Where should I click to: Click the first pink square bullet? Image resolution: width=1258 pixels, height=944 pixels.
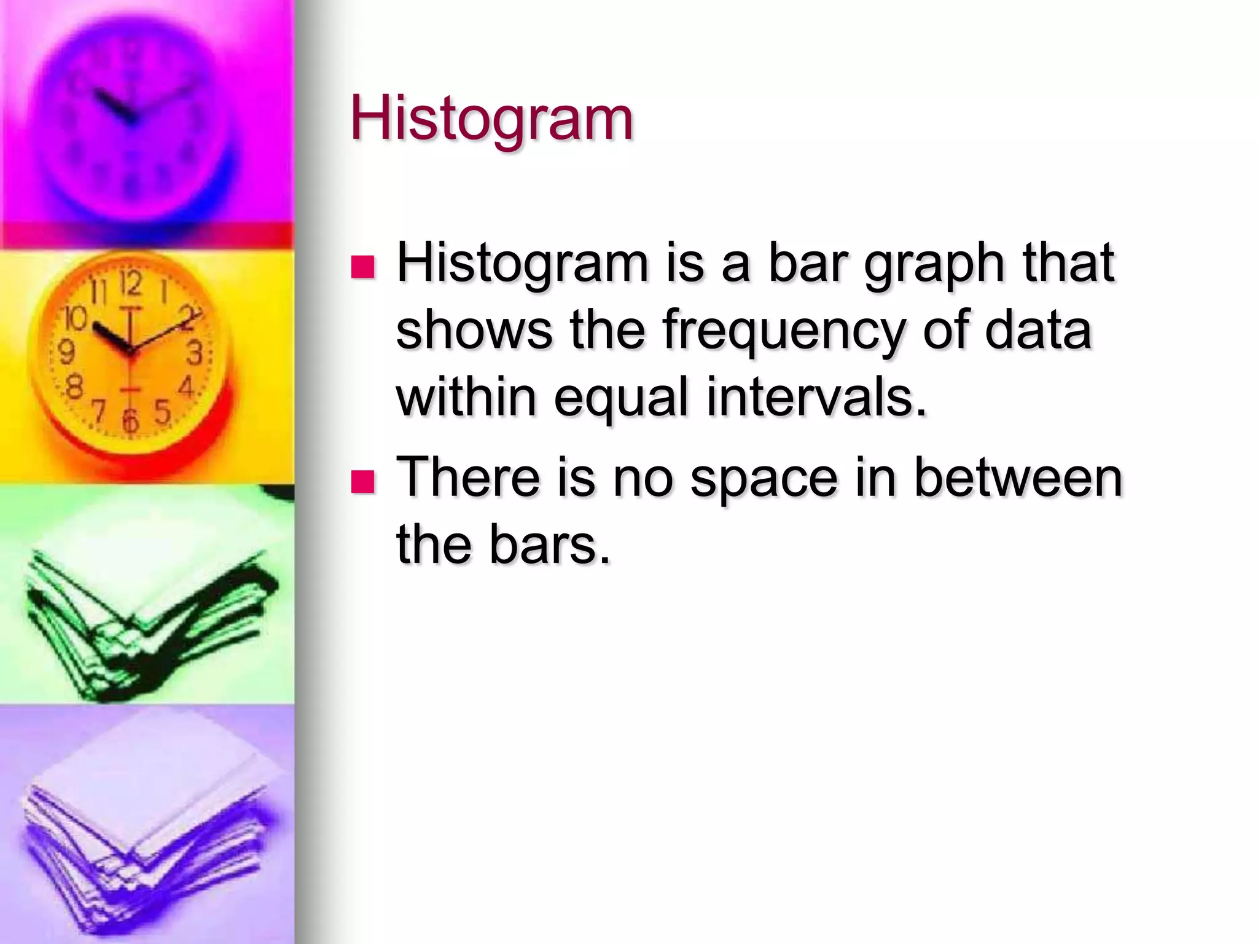[362, 267]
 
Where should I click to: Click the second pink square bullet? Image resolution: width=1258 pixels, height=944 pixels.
[362, 482]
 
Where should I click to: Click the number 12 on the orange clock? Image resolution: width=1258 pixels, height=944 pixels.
[131, 283]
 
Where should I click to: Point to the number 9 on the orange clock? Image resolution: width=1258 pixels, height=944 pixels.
[66, 352]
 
